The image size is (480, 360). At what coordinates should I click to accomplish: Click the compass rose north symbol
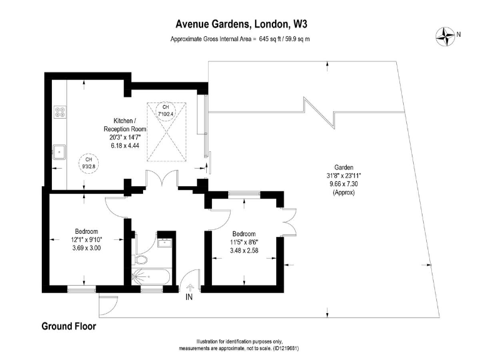pos(446,35)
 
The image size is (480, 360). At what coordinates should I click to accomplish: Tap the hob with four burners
pos(61,112)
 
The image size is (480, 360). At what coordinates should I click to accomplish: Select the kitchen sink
pos(60,151)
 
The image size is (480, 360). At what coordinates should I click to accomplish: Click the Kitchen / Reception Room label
pos(125,124)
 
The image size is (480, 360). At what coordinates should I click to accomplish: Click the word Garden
pos(344,167)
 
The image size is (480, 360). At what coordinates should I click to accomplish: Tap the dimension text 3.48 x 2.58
pos(244,250)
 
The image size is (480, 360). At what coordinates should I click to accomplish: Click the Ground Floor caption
pos(69,326)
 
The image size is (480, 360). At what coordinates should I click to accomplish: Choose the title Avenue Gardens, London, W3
pos(241,24)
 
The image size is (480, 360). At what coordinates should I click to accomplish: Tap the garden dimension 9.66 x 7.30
pos(344,184)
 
